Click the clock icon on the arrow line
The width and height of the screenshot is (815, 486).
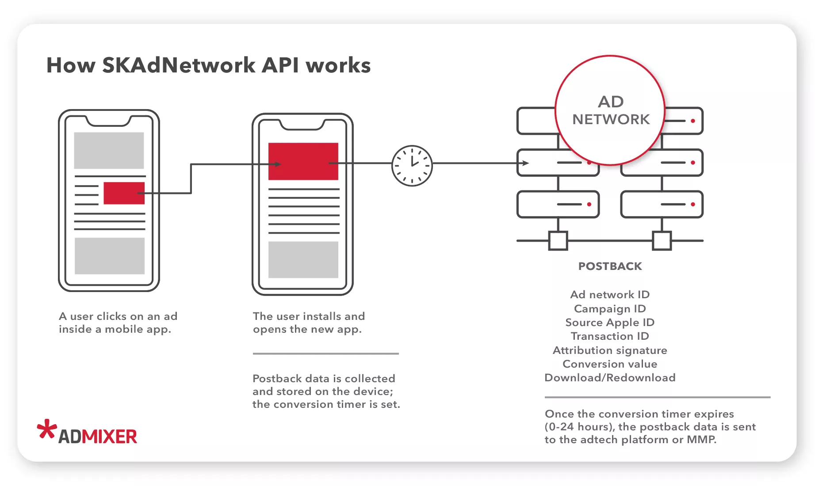coord(412,166)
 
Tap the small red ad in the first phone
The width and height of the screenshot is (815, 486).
coord(124,193)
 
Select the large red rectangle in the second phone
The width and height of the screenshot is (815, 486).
coord(303,161)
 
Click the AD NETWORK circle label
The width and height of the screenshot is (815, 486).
coord(610,110)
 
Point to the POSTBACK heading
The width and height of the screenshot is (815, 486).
coord(610,266)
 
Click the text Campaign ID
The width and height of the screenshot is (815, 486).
coord(610,308)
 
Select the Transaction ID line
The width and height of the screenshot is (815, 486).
coord(610,336)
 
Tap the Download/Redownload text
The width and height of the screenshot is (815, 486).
coord(610,378)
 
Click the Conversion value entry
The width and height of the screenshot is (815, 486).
coord(610,364)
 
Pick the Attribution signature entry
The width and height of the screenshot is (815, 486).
coord(610,350)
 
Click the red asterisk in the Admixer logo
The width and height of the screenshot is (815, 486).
coord(46,429)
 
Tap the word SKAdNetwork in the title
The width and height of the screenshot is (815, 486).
coord(179,65)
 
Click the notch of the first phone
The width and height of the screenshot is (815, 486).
coord(109,120)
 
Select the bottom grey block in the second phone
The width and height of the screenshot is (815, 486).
coord(303,259)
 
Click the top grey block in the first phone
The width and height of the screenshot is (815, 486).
coord(109,150)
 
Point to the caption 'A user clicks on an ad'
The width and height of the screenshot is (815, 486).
coord(118,316)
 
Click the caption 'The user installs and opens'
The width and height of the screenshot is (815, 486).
coord(309,323)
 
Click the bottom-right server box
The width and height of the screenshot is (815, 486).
coord(662,204)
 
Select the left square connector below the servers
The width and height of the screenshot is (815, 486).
coord(558,241)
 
